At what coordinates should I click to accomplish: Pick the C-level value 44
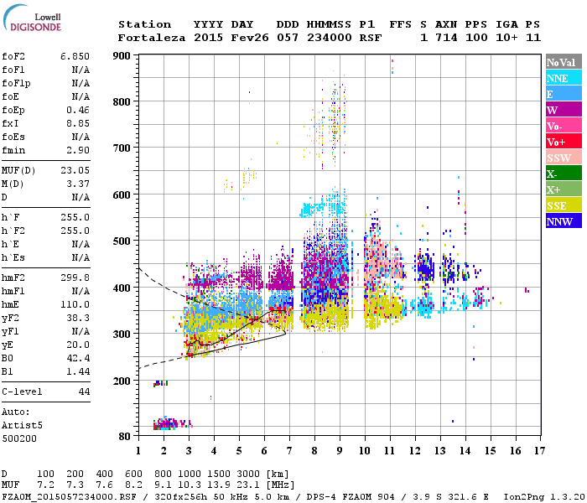tap(84, 392)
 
